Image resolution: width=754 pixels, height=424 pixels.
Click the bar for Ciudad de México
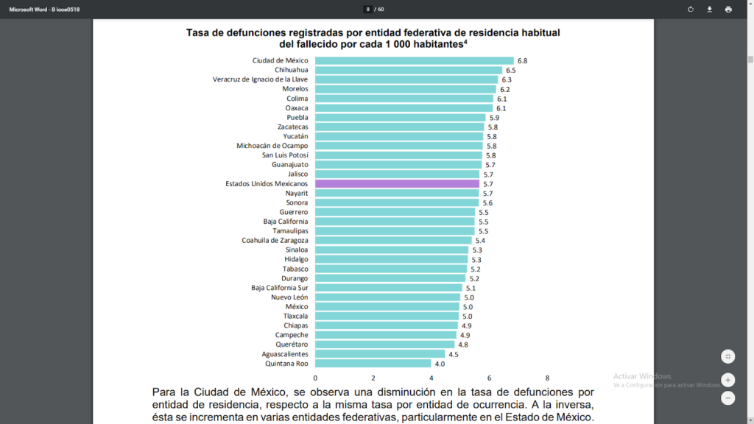414,60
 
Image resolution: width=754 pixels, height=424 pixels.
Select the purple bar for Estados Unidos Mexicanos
397,183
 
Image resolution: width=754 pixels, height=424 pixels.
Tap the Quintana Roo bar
373,363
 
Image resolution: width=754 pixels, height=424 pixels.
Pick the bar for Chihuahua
409,70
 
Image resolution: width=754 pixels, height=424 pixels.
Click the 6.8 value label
522,60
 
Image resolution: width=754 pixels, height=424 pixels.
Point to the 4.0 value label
440,363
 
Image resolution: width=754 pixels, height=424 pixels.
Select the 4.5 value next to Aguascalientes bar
454,354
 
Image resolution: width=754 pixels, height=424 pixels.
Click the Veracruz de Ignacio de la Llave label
261,79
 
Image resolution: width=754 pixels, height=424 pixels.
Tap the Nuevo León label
289,297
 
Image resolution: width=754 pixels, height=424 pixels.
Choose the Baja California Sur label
280,288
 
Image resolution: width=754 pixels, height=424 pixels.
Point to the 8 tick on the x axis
547,378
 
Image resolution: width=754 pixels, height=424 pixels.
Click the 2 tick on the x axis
373,378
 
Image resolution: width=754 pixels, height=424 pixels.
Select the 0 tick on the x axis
315,378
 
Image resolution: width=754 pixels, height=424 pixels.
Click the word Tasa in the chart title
198,32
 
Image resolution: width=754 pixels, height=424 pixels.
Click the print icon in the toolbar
728,10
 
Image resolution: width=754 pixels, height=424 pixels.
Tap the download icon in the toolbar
710,10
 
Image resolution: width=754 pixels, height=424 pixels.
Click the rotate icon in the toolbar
691,10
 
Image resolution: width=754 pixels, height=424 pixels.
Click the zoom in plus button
727,381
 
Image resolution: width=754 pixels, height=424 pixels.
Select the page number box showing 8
367,10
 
